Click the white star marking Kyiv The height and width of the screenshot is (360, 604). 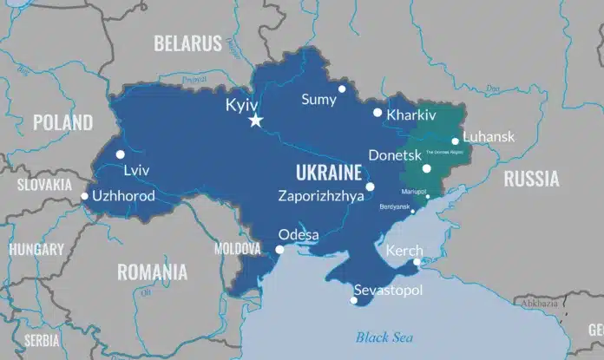[x=255, y=121]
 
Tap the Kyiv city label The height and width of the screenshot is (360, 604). [x=242, y=104]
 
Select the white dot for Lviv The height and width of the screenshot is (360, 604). [x=121, y=154]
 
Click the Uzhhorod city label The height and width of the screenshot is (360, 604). [x=122, y=196]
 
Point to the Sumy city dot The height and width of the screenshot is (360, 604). [x=342, y=88]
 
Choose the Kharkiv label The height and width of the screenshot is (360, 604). [x=411, y=115]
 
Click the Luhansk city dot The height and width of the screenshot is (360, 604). [x=455, y=141]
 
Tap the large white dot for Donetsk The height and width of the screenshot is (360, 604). [x=426, y=169]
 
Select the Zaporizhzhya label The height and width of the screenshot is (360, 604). [x=321, y=196]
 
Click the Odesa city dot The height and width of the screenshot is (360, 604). [x=279, y=250]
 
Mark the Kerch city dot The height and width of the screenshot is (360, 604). [x=417, y=262]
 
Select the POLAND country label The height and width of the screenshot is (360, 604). [x=62, y=122]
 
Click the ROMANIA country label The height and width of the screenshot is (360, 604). [x=152, y=272]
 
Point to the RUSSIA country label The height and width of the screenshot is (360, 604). [x=531, y=180]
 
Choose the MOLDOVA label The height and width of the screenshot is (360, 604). [x=237, y=249]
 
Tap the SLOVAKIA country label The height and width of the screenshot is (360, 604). [x=43, y=185]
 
